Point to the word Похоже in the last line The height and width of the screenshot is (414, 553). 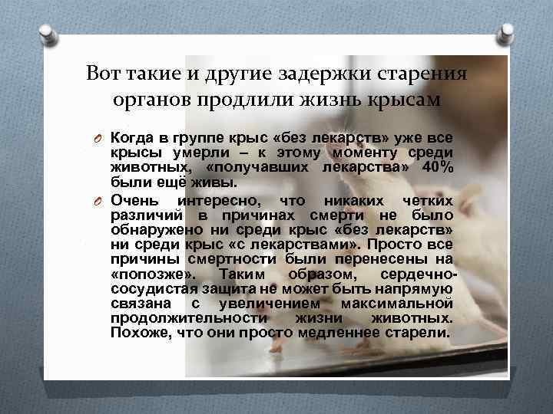[x=134, y=332]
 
